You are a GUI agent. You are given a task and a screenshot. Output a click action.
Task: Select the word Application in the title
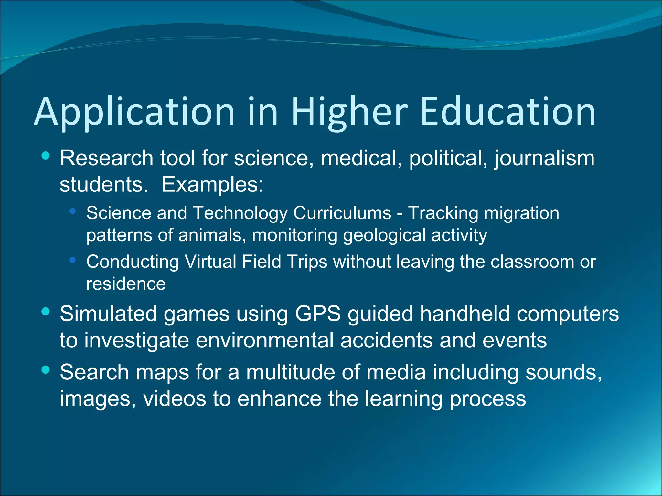134,112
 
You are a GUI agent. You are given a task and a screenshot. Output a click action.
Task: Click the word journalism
544,159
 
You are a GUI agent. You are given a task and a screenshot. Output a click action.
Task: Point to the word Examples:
213,185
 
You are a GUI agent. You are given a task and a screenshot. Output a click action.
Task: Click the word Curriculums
342,213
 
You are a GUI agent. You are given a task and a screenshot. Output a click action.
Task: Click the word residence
126,284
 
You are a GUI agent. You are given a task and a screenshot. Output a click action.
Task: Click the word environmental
264,340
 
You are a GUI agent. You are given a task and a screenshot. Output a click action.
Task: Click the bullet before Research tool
46,156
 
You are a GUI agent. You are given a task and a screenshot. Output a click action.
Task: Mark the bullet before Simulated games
46,311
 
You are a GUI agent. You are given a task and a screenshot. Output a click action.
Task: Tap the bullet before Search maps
46,370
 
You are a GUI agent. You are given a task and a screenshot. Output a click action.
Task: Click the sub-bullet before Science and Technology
72,212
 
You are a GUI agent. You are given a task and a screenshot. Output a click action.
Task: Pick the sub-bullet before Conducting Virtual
72,260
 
